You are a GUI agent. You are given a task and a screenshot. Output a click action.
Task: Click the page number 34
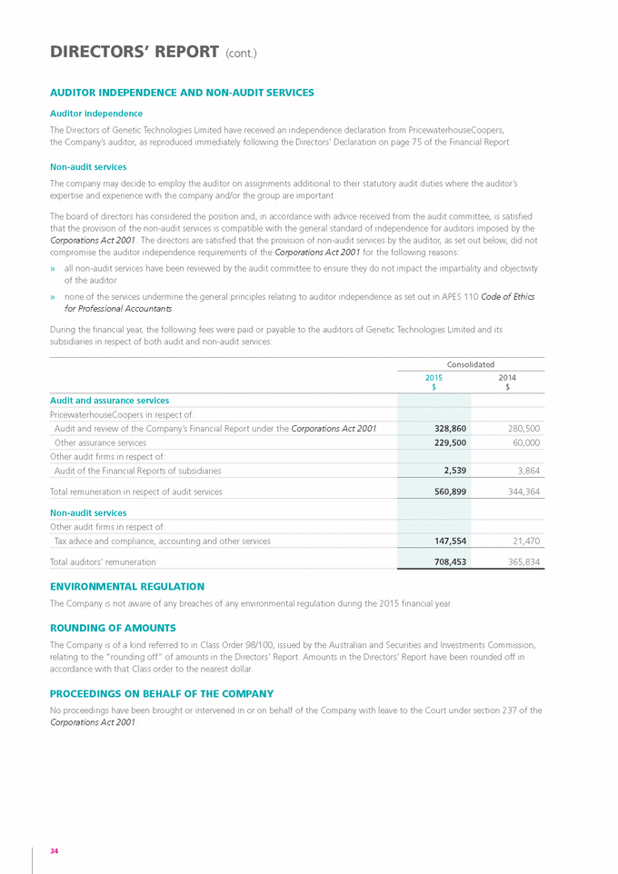pyautogui.click(x=55, y=850)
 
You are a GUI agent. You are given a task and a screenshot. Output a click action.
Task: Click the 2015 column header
pyautogui.click(x=434, y=377)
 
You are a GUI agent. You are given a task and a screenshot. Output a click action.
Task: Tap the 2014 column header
pyautogui.click(x=507, y=377)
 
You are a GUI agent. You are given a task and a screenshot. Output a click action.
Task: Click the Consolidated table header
pyautogui.click(x=470, y=363)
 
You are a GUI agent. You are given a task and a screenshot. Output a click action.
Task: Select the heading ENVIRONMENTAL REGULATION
pyautogui.click(x=127, y=587)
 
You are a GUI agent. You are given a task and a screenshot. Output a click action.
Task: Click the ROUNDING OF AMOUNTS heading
pyautogui.click(x=113, y=628)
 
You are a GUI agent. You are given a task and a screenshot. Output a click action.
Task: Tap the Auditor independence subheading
pyautogui.click(x=95, y=114)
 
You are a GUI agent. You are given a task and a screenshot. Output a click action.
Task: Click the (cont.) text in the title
pyautogui.click(x=241, y=54)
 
